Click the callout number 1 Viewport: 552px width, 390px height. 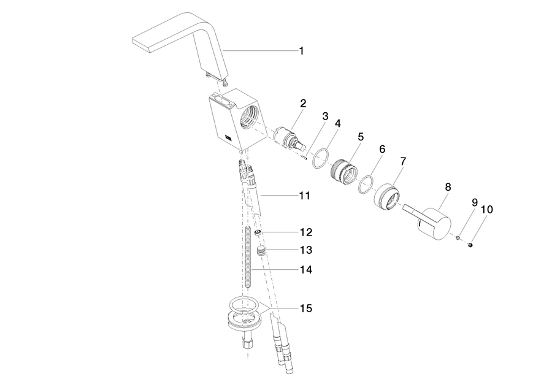pyautogui.click(x=301, y=51)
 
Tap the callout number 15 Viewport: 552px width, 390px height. pyautogui.click(x=306, y=308)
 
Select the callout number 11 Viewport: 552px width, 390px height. pyautogui.click(x=304, y=196)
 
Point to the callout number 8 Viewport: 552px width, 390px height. pyautogui.click(x=448, y=187)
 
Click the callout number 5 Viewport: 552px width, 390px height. pyautogui.click(x=361, y=137)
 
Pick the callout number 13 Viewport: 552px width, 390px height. pyautogui.click(x=306, y=250)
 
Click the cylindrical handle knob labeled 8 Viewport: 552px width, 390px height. pyautogui.click(x=434, y=224)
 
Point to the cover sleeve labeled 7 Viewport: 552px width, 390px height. pyautogui.click(x=386, y=197)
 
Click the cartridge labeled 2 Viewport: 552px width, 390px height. pyautogui.click(x=288, y=137)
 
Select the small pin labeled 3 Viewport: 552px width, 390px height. pyautogui.click(x=304, y=158)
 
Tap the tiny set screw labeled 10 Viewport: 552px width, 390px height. pyautogui.click(x=470, y=245)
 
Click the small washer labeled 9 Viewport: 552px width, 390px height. pyautogui.click(x=458, y=238)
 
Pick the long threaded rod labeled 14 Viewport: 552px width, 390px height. pyautogui.click(x=248, y=258)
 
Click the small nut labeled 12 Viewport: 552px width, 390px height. pyautogui.click(x=258, y=232)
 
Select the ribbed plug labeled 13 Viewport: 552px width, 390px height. pyautogui.click(x=261, y=250)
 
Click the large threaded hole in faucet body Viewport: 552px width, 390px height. pyautogui.click(x=248, y=118)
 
